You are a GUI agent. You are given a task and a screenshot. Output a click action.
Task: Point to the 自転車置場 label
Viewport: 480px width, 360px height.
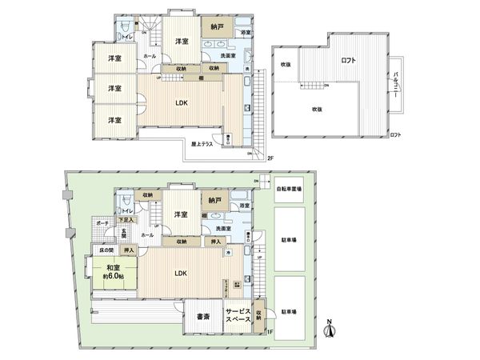coord(289,190)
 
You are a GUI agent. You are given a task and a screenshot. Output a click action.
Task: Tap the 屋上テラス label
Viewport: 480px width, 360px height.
coord(202,145)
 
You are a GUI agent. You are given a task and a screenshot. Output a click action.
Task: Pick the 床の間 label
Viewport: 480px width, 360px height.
coord(96,250)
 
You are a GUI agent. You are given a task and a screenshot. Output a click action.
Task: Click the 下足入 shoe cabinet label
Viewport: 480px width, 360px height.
coord(126,218)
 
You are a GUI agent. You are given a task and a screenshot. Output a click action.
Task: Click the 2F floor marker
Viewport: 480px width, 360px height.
coord(270,158)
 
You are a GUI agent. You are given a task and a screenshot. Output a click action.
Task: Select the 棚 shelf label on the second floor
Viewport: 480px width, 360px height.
coord(198,78)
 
